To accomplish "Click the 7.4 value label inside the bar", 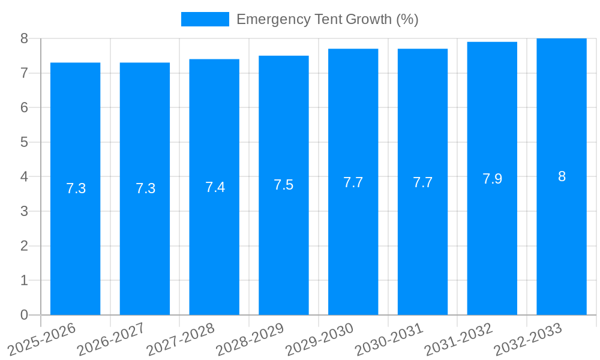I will (215, 187).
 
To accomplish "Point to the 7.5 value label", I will (284, 185).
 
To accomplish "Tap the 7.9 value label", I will (492, 179).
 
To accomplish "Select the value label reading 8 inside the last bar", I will (562, 176).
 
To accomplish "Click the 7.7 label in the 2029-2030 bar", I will (353, 182).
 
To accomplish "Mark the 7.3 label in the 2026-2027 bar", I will (145, 188).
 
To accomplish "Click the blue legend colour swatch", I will (205, 19).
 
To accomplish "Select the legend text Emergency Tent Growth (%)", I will (327, 19).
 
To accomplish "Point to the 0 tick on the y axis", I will (24, 315).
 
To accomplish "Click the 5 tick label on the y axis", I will (24, 142).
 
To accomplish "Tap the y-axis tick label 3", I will (24, 211).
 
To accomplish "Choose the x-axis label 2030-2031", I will (390, 340).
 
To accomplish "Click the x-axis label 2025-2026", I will (43, 340).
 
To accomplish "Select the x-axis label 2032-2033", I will (529, 340).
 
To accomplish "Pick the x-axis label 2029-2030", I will (320, 340).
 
